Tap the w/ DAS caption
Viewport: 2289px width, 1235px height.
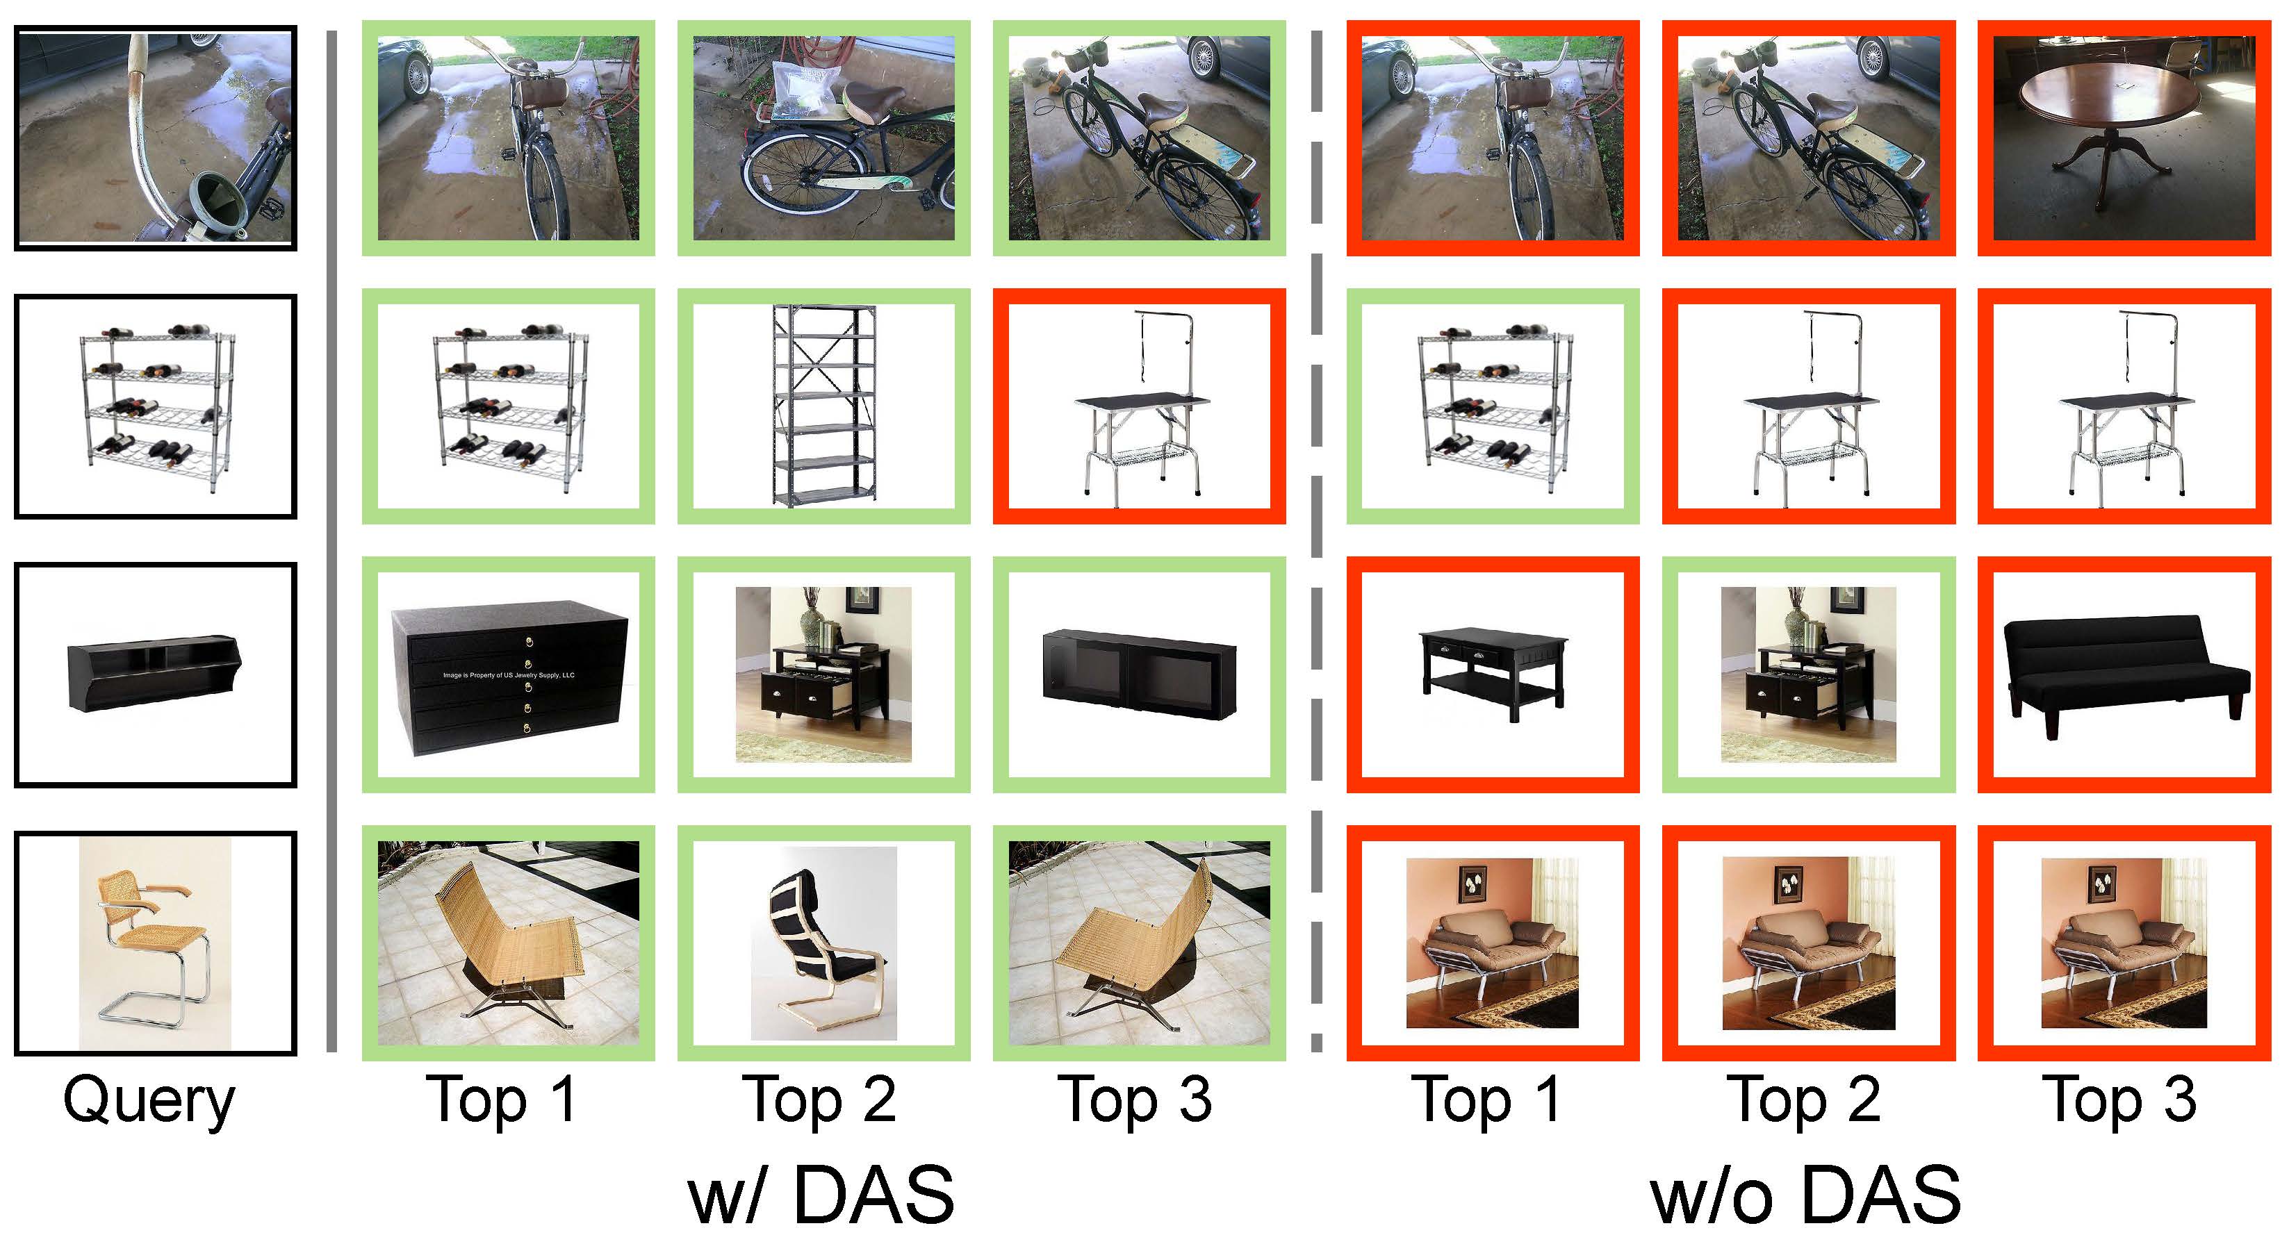point(821,1194)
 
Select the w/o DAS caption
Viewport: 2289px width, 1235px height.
point(1805,1194)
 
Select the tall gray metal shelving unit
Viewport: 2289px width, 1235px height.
point(823,405)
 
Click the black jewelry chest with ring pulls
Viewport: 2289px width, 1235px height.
point(509,678)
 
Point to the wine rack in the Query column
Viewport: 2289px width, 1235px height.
point(156,407)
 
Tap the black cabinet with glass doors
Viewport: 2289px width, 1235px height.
point(1138,674)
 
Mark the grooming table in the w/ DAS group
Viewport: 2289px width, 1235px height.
point(1139,408)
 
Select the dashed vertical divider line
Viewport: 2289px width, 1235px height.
point(1316,542)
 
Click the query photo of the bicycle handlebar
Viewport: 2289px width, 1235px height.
point(156,137)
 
